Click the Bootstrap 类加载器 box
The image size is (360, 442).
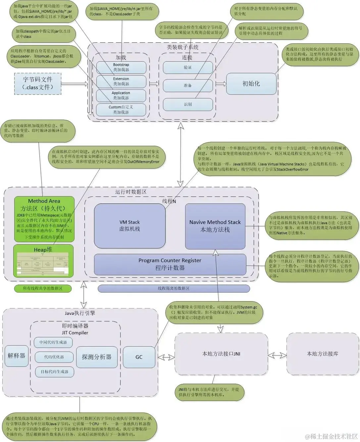coord(121,67)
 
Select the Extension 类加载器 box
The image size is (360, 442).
coord(121,81)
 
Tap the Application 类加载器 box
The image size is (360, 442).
coord(121,95)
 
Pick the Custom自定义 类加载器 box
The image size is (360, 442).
coord(121,110)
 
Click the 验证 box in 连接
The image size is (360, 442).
coord(188,67)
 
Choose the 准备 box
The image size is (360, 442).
coord(188,85)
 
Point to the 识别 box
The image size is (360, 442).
coord(188,104)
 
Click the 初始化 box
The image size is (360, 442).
coord(251,83)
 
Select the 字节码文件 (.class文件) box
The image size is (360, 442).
coord(37,83)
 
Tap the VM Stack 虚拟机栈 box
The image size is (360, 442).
coord(129,226)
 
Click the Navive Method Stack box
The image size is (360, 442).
coord(215,226)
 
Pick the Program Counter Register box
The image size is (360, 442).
coord(170,264)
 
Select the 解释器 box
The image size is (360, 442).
coord(17,356)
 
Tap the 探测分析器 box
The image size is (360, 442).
coord(97,357)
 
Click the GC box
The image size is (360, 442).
coord(139,357)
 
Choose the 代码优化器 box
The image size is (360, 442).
coord(54,357)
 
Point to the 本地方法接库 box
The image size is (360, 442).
coord(322,354)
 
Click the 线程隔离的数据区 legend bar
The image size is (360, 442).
coord(174,289)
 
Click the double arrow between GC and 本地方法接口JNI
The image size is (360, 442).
coord(166,357)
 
